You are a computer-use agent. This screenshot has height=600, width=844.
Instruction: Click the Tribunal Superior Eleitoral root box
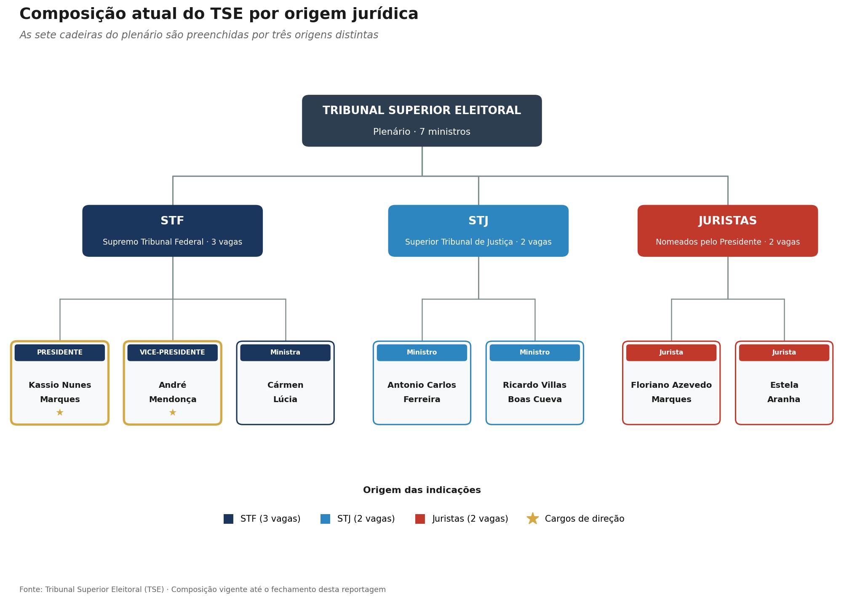[x=422, y=121]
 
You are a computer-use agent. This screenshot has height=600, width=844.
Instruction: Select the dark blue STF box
[x=172, y=231]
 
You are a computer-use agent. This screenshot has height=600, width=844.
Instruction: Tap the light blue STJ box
[x=478, y=231]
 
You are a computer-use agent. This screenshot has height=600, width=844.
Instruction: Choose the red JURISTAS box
[x=727, y=231]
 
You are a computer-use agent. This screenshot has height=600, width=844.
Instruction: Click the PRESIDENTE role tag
[x=60, y=353]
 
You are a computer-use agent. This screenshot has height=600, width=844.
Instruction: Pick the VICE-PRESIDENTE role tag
[x=172, y=353]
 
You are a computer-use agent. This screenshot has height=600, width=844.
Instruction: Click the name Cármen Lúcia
[x=285, y=392]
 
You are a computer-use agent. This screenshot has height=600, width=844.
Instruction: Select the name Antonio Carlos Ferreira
[x=422, y=392]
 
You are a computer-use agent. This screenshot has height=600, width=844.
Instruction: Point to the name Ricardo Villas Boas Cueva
[x=534, y=392]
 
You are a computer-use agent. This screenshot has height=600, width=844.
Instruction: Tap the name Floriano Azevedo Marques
[x=671, y=392]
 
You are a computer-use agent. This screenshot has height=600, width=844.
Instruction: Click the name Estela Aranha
[x=784, y=392]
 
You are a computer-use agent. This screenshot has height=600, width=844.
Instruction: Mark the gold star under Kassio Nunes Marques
[x=60, y=413]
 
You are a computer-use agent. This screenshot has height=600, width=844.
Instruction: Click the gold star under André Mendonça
[x=172, y=413]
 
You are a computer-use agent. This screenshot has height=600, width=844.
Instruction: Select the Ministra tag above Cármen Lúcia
[x=285, y=353]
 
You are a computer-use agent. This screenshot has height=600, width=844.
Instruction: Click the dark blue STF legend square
[x=228, y=519]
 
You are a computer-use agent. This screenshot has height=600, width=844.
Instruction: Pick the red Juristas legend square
[x=420, y=519]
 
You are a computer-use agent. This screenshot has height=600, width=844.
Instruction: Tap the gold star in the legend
[x=533, y=519]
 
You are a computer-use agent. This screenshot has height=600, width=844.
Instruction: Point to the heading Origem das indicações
[x=422, y=490]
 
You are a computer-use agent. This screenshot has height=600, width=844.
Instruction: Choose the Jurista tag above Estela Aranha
[x=784, y=353]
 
